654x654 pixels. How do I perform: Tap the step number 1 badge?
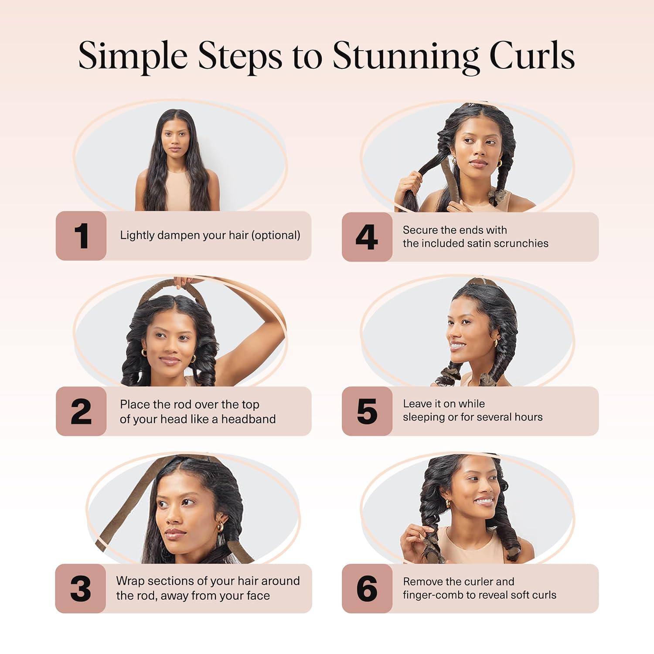coord(81,236)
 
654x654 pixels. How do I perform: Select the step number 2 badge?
coord(81,411)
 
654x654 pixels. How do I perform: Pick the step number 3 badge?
coord(81,589)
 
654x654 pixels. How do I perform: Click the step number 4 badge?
coord(367,237)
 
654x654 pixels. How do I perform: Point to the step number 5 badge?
coord(367,411)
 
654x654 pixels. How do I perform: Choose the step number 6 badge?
coord(367,589)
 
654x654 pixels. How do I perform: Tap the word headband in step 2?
coord(249,419)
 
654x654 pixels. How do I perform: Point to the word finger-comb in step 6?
coord(429,595)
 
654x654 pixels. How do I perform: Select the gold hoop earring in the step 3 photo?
coord(221,526)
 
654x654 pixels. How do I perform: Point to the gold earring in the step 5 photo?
coord(495,343)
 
